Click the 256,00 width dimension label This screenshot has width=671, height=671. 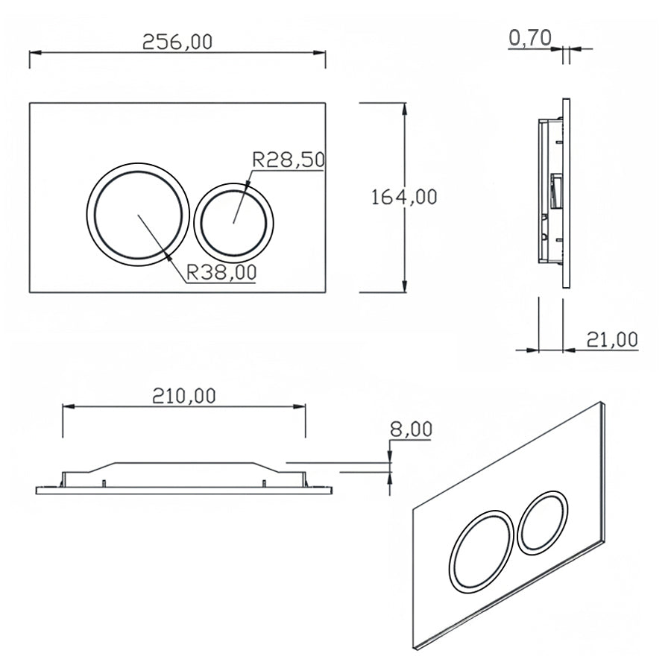click(x=177, y=42)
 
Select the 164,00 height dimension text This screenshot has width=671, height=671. click(x=403, y=197)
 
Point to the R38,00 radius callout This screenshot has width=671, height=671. click(x=221, y=274)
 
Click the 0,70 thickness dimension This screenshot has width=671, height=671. click(x=529, y=37)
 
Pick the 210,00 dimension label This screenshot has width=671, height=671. click(x=183, y=395)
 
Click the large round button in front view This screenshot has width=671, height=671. click(x=135, y=211)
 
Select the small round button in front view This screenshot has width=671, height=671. click(x=233, y=219)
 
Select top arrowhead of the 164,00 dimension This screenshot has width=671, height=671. click(x=404, y=107)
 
